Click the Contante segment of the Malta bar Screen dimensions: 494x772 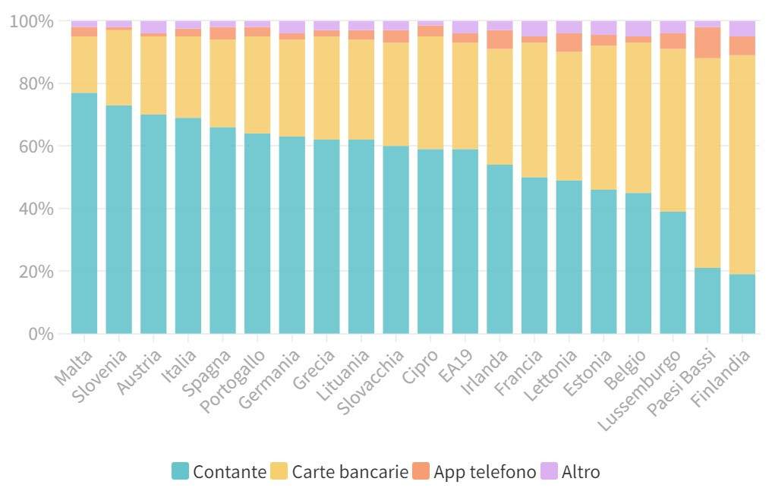click(84, 212)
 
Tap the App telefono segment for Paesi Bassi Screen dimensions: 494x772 click(707, 47)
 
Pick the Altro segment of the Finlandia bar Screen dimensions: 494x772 click(742, 29)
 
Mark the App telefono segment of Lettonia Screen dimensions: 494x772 click(569, 42)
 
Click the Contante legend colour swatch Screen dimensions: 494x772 click(180, 471)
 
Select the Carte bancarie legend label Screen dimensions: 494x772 click(350, 471)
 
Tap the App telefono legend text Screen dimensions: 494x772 click(485, 471)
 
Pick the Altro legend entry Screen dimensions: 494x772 click(581, 471)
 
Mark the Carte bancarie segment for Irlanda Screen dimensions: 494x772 click(499, 106)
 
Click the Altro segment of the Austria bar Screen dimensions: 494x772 click(153, 27)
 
